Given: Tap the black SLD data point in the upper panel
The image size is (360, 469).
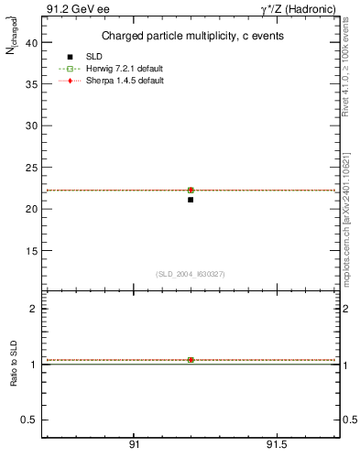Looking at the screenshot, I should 191,200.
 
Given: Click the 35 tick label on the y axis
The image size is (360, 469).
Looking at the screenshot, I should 30,84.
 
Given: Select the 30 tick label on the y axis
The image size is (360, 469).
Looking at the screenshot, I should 30,125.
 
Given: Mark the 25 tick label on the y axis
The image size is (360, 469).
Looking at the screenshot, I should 30,168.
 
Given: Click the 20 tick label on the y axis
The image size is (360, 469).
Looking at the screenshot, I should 30,209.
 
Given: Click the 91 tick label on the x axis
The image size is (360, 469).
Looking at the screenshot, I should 134,446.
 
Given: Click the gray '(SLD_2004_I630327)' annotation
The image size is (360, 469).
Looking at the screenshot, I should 190,274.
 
